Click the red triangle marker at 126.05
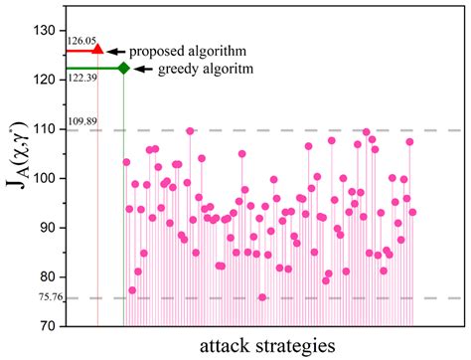97,48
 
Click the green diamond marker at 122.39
123,68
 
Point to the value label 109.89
82,122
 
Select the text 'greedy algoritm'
204,70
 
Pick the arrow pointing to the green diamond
141,69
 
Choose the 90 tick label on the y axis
47,228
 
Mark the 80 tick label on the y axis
47,276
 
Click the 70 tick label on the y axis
47,325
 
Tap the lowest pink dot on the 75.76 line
262,297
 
